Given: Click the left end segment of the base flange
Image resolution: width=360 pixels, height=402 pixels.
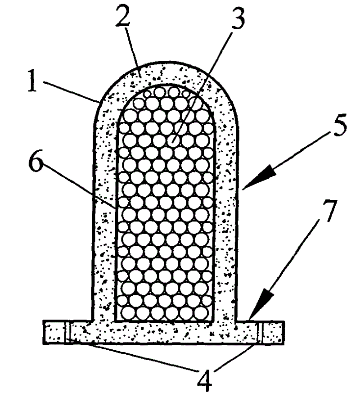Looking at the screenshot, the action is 54,332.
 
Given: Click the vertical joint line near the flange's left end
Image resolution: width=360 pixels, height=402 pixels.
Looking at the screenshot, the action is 66,332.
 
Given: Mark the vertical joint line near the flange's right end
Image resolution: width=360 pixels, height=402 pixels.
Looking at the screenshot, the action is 262,332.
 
